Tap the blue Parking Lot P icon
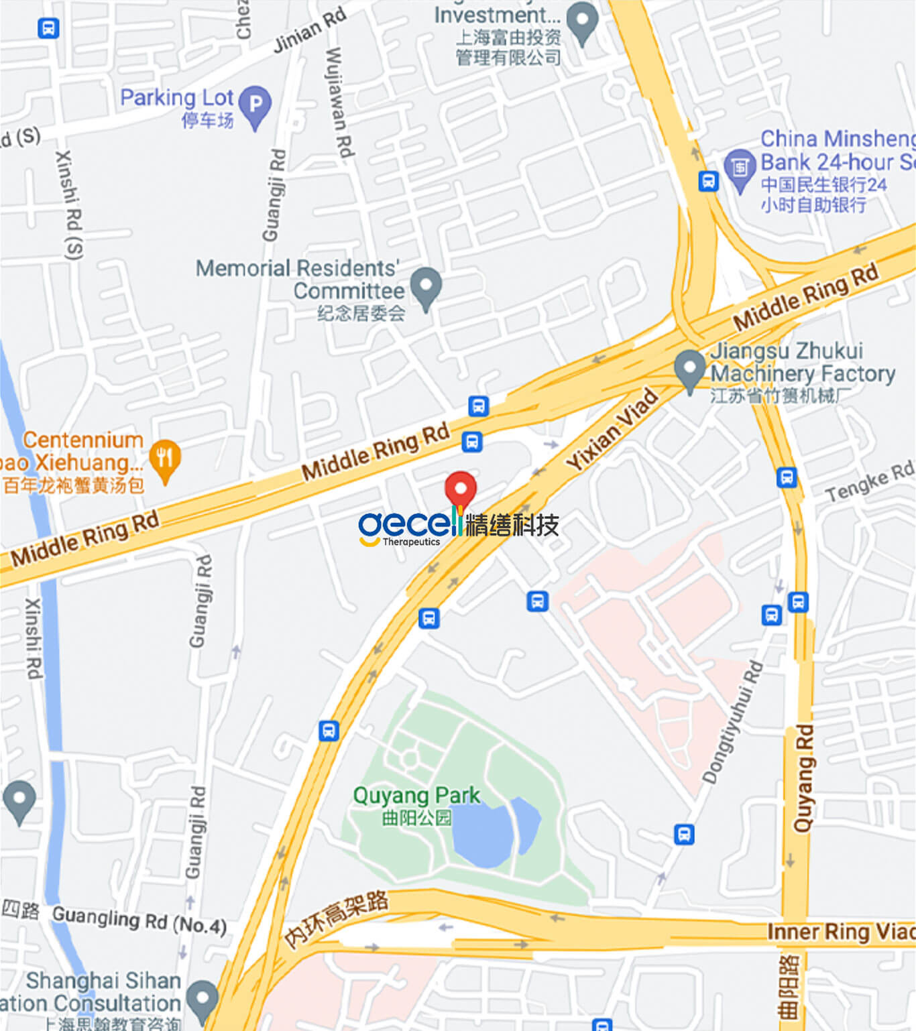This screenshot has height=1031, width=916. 255,104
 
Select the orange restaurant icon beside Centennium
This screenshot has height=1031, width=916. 165,459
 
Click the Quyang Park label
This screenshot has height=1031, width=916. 416,796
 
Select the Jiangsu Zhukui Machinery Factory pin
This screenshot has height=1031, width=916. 689,368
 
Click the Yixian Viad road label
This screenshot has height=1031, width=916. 612,429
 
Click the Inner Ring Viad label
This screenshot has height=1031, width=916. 841,932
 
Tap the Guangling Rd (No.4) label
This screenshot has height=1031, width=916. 139,919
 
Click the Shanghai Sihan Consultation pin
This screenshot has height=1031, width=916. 202,999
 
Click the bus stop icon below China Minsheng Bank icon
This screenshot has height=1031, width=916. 709,181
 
